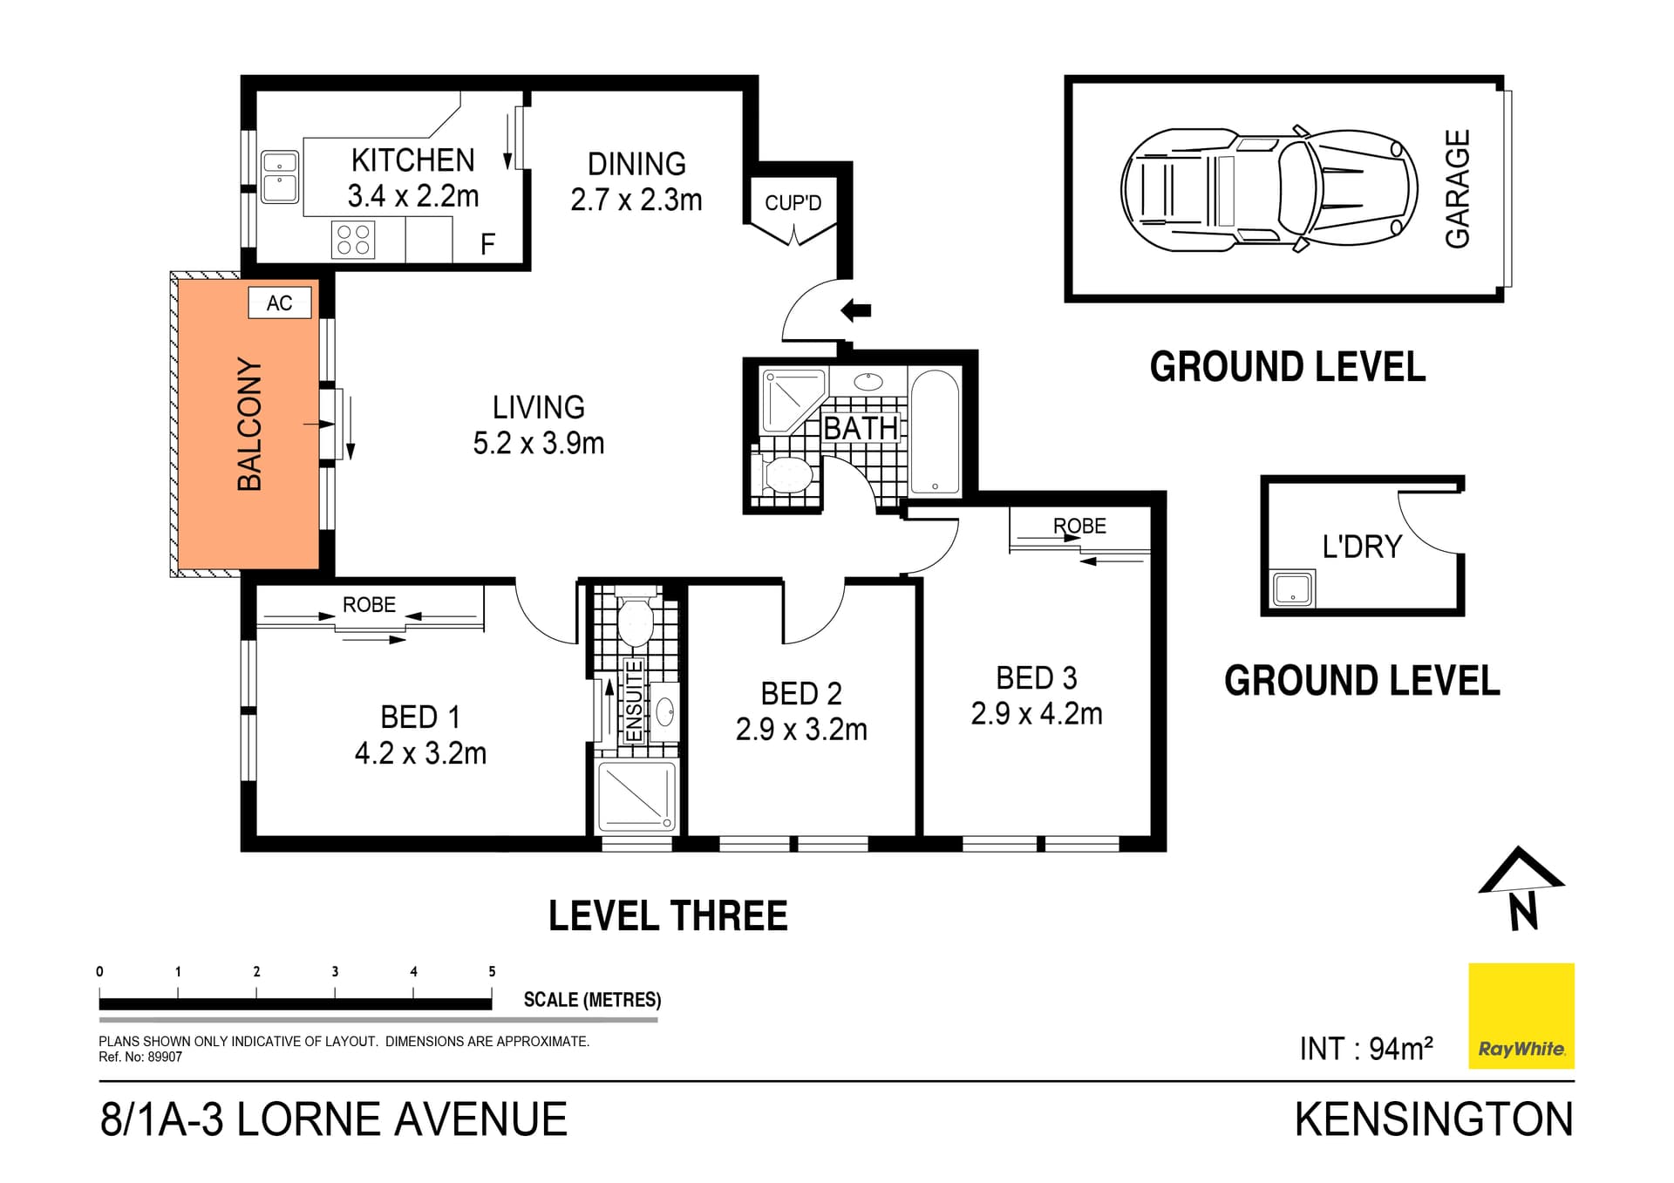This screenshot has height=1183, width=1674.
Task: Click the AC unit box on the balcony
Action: coord(280,303)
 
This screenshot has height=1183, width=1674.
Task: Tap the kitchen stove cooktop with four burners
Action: coord(353,240)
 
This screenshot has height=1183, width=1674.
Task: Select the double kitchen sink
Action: coord(280,177)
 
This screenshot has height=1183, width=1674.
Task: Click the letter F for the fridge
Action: coord(488,244)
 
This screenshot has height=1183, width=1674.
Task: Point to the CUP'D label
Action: coord(793,203)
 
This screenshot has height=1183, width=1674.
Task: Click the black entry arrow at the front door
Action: coord(855,309)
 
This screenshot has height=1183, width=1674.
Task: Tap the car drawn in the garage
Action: coord(1269,189)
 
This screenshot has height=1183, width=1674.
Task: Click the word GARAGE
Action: coord(1458,189)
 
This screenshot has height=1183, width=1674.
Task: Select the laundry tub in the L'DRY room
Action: coord(1292,588)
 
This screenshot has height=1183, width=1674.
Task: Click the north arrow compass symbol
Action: coord(1521,888)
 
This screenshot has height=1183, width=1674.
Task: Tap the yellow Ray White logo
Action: coord(1521,1016)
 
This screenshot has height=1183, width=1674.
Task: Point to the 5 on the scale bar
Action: coord(492,971)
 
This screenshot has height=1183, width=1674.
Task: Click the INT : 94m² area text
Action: coord(1366,1048)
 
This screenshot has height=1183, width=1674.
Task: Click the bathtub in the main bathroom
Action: coord(935,432)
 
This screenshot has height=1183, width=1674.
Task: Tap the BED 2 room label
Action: coord(801,694)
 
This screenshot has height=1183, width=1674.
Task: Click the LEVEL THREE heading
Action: coord(668,916)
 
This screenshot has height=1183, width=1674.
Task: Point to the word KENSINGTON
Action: coord(1434,1120)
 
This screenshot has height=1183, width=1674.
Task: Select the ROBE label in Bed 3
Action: coord(1079,526)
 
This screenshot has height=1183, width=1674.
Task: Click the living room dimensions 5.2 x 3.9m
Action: coord(539,443)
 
